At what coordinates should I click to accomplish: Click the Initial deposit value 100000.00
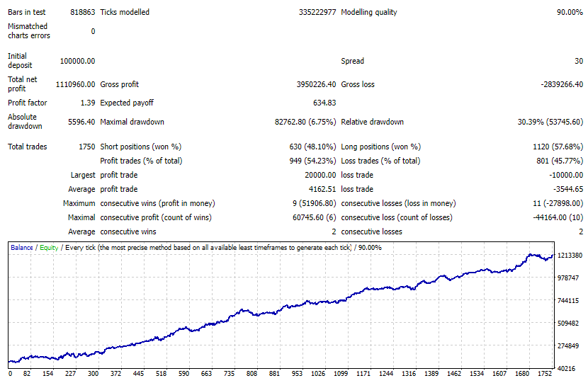[77, 61]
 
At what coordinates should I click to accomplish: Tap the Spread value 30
[578, 61]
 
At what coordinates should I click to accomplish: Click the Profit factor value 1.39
[88, 103]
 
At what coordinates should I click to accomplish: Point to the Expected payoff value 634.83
[324, 103]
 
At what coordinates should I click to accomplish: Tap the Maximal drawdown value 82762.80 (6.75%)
[305, 122]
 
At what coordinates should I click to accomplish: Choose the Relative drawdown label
[372, 122]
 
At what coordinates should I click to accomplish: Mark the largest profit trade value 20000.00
[317, 175]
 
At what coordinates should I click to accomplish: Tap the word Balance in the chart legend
[21, 248]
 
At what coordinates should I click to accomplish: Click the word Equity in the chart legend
[49, 248]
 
